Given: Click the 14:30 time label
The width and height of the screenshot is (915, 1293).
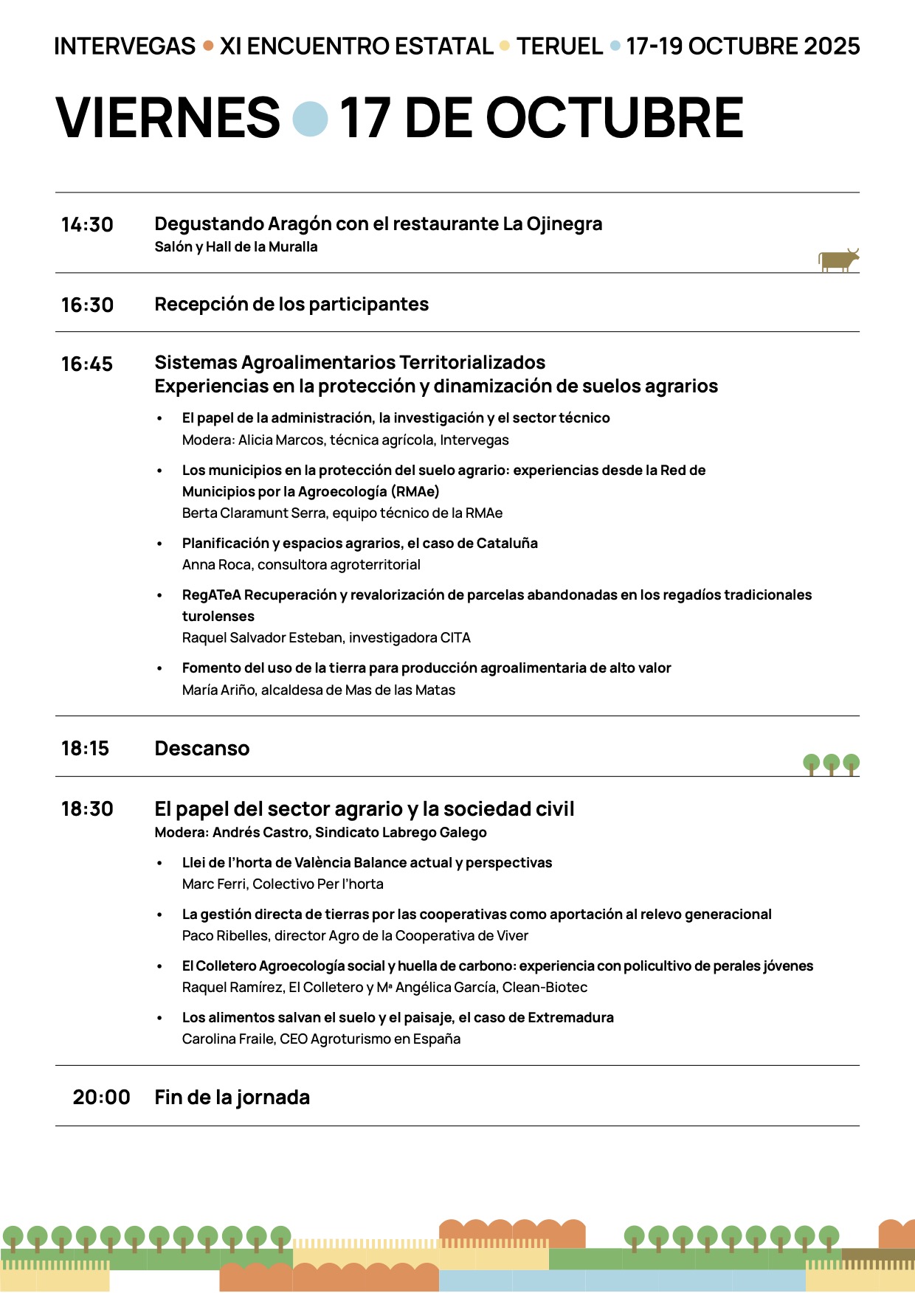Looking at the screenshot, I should (x=87, y=225).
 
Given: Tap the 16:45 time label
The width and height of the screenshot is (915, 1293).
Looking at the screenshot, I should (x=87, y=364).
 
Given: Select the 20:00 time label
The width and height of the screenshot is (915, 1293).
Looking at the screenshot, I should (x=101, y=1098).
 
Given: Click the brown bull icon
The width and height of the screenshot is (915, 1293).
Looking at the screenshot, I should (x=838, y=260).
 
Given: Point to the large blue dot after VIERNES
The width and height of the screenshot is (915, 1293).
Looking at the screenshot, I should (x=310, y=119).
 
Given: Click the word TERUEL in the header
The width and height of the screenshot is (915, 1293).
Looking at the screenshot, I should (x=559, y=46).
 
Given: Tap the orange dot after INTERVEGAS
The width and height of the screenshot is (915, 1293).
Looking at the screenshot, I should (x=208, y=46).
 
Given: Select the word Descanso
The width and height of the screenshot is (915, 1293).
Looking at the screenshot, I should (x=202, y=749).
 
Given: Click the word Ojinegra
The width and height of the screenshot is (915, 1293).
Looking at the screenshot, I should (x=564, y=224).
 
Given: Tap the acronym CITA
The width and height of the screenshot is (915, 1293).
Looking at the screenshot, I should (x=455, y=638).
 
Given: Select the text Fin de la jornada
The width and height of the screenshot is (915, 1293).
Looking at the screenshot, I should (x=232, y=1098).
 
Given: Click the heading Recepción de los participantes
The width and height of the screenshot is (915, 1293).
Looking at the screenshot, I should (x=291, y=305).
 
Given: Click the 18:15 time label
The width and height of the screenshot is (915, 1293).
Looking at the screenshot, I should (x=85, y=749).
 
